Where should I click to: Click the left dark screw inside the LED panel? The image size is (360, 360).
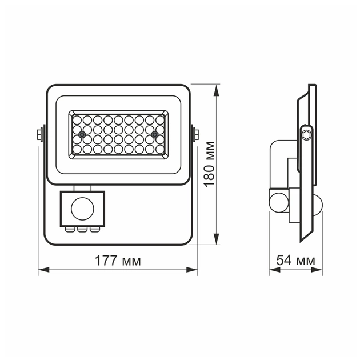click(82, 134)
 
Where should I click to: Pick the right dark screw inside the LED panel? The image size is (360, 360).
click(154, 134)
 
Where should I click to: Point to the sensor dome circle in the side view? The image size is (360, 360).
click(278, 201)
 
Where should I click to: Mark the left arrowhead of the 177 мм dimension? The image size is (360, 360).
click(42, 270)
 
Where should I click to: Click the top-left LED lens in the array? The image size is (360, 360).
click(78, 120)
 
